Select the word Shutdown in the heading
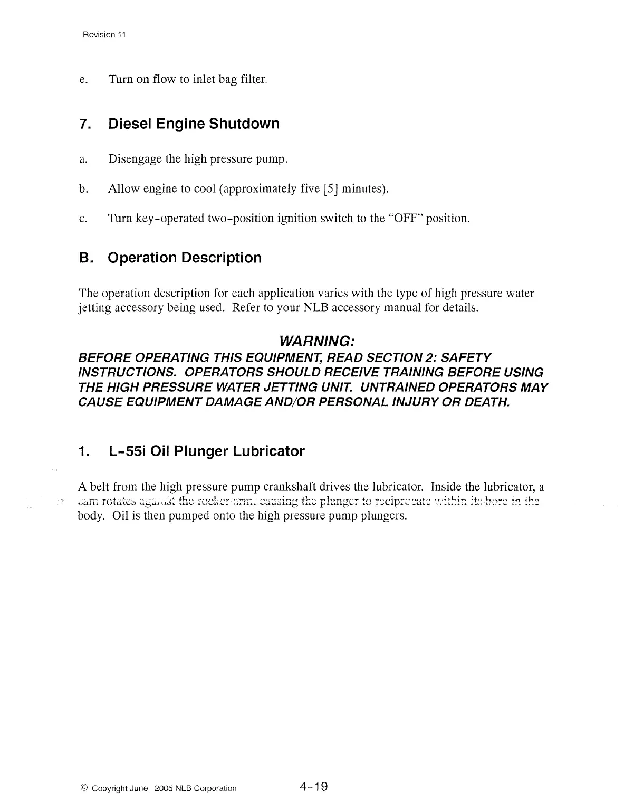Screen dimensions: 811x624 [x=244, y=124]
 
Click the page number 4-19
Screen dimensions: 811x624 [x=313, y=787]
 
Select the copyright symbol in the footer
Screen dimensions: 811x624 [x=84, y=788]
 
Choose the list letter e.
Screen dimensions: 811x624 [x=82, y=80]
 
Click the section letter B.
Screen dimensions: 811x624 [x=84, y=258]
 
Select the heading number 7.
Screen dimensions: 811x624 [x=83, y=125]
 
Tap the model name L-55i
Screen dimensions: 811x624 [x=128, y=451]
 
